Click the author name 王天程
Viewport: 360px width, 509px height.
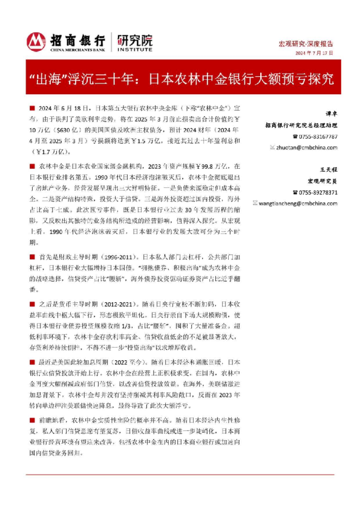point(327,170)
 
